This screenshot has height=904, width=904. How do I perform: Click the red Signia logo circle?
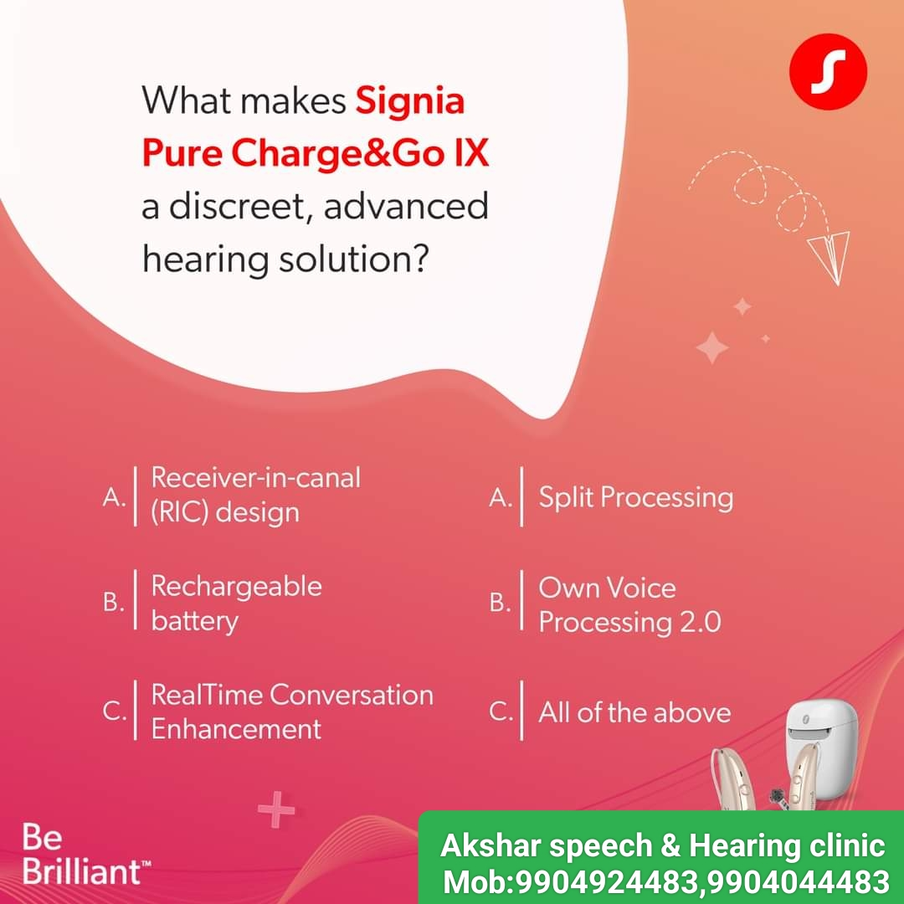tap(828, 71)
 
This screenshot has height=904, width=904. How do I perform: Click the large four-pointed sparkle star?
tap(712, 347)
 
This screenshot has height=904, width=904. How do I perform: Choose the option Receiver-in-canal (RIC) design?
tap(255, 496)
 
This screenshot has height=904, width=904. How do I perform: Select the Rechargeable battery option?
tap(236, 604)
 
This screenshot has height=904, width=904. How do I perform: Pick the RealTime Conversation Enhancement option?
tap(292, 711)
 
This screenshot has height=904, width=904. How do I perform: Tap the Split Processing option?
tap(636, 497)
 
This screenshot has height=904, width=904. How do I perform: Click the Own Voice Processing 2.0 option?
tap(629, 605)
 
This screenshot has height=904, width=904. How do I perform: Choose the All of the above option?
tap(634, 712)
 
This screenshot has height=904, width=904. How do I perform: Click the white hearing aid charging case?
tap(823, 748)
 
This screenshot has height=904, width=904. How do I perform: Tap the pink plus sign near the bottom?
tap(276, 809)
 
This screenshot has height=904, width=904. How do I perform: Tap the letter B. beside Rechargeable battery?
tap(114, 603)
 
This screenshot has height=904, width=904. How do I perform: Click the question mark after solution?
tap(421, 259)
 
